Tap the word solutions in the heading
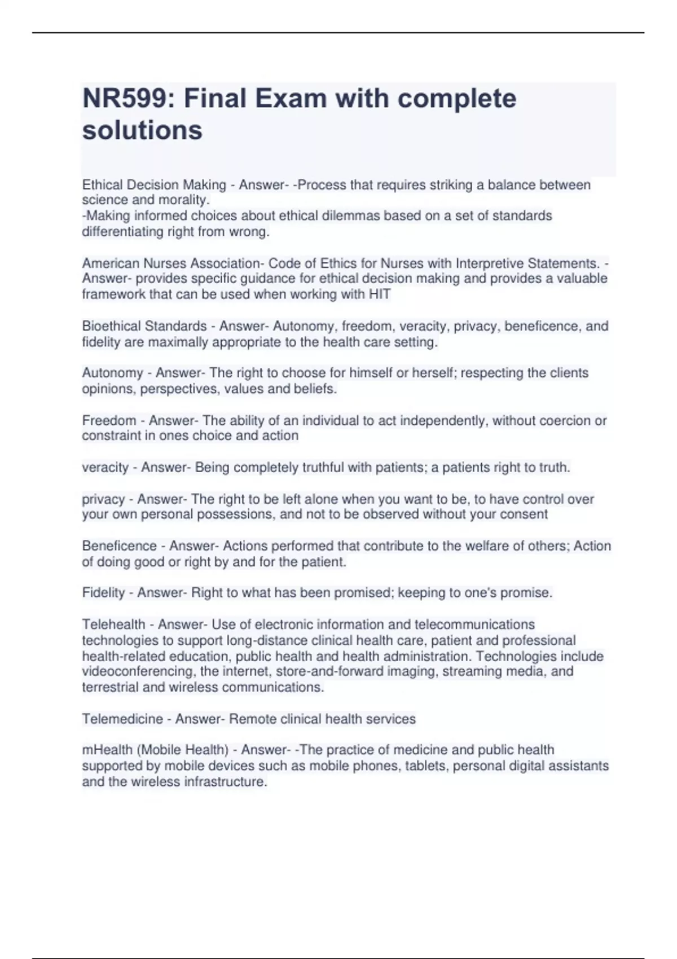[x=142, y=130]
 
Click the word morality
[x=185, y=200]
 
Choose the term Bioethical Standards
[x=144, y=327]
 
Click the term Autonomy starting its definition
[x=113, y=373]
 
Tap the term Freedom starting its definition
[x=109, y=421]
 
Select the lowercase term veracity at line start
[x=105, y=468]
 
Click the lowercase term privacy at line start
[x=103, y=500]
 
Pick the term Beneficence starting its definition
[x=119, y=546]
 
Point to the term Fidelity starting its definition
[x=103, y=593]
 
